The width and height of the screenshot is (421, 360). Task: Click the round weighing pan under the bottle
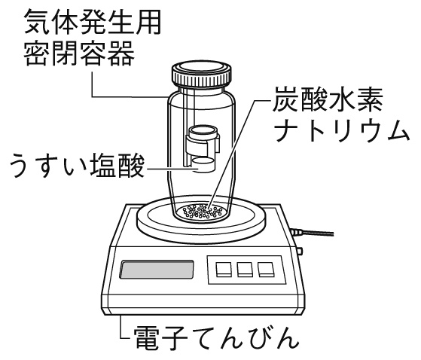(151, 221)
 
